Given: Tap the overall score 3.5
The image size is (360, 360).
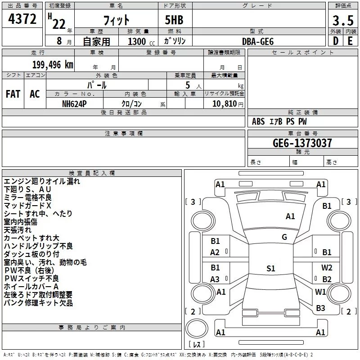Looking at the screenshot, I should (x=343, y=21).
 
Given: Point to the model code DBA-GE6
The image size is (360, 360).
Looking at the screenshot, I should (x=257, y=41).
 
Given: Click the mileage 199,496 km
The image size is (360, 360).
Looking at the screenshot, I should (x=53, y=65).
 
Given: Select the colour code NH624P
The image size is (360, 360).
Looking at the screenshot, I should (x=75, y=103).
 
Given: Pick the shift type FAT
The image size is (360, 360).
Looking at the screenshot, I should (x=13, y=94).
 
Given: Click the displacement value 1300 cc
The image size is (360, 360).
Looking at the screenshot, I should (x=137, y=41).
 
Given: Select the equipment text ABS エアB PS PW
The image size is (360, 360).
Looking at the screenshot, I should (x=279, y=121).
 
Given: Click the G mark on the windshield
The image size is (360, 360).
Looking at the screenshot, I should (x=284, y=237).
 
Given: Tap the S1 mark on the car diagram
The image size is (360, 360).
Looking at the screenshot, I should (x=270, y=269).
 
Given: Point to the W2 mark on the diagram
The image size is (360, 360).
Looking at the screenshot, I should (x=327, y=268).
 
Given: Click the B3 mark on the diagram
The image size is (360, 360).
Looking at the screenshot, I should (x=320, y=308).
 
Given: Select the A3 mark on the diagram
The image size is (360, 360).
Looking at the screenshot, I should (x=215, y=279).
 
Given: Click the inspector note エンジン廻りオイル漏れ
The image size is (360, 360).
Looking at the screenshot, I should (x=42, y=181).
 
